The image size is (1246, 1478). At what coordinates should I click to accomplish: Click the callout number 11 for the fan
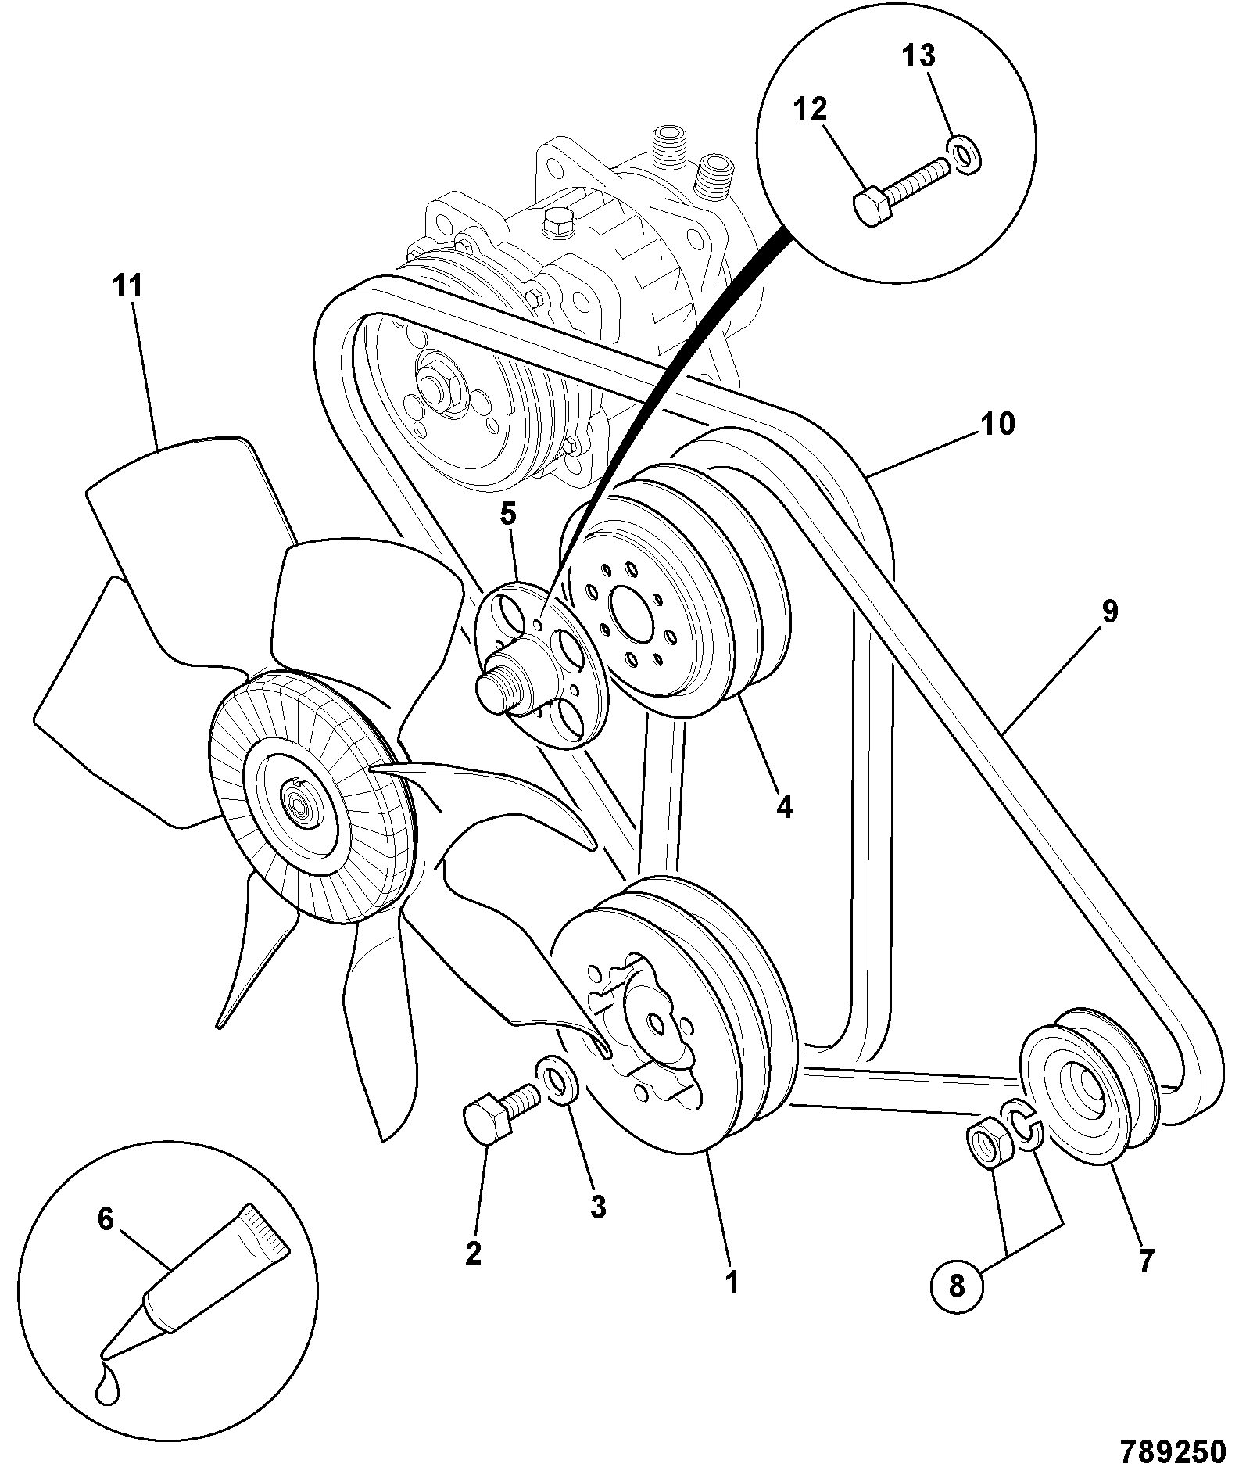tap(129, 287)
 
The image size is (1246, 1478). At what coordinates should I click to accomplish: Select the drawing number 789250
tap(1172, 1451)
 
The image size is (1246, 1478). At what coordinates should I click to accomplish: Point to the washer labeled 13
tap(963, 155)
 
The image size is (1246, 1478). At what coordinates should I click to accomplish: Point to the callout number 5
tap(508, 514)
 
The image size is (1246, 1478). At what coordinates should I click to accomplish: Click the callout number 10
tap(997, 424)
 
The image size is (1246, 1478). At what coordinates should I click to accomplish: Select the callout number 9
tap(1110, 611)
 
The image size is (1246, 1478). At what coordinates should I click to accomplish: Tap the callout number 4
tap(785, 806)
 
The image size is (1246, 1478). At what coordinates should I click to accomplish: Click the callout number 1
tap(732, 1282)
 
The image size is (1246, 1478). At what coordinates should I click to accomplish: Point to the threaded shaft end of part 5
tap(496, 685)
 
